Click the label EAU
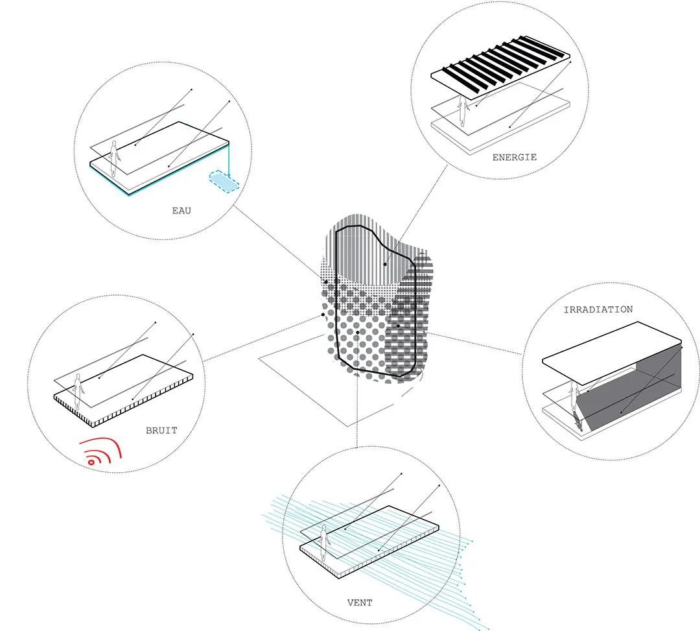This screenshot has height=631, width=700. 181,210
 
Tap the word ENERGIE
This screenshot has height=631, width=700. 514,157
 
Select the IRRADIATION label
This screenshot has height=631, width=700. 598,309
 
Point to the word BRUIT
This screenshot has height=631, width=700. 161,431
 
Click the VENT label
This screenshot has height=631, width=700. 359,602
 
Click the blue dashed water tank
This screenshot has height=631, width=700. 224,182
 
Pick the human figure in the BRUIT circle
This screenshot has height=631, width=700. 78,392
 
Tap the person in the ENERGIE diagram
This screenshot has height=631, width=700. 463,111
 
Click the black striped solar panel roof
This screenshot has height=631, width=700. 500,67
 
